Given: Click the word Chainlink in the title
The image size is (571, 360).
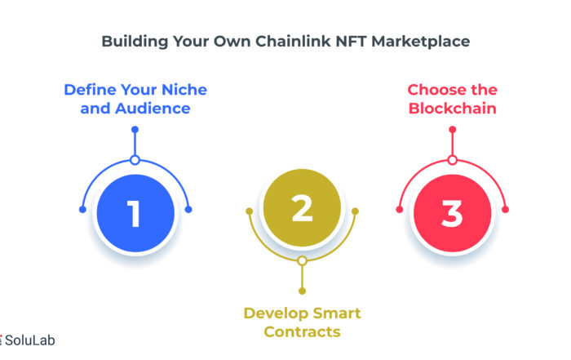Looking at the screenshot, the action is tap(293, 41).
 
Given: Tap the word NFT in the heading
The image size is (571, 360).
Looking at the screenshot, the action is tap(351, 41).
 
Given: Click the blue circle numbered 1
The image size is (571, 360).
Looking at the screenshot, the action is tap(135, 213).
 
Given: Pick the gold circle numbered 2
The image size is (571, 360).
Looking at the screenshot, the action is tap(302, 207).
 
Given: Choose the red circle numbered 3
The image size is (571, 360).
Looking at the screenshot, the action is tap(452, 213).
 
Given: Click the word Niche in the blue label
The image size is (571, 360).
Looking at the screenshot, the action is tap(184, 90).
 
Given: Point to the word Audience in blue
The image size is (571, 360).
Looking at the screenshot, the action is tap(153, 109).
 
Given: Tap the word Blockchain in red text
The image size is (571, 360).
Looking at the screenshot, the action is tap(452, 109).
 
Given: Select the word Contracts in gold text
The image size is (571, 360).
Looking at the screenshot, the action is tap(303, 331).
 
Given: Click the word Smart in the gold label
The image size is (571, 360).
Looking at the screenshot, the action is tap(337, 313).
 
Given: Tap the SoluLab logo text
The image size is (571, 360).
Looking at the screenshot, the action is tap(29, 340).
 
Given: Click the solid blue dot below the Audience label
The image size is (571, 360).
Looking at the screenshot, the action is tap(135, 129).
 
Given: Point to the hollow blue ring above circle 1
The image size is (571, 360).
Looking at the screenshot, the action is tap(135, 160).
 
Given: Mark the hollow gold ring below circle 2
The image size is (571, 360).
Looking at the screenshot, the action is tap(302, 261).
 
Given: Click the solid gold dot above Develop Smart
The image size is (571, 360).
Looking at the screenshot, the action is tap(302, 291).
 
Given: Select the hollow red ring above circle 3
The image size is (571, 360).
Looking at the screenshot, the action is tap(452, 160).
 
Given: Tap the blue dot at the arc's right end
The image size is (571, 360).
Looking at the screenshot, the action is tap(188, 210).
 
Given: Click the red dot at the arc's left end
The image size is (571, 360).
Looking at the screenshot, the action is tap(400, 210).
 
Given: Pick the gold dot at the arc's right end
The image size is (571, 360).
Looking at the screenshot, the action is tap(355, 211).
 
